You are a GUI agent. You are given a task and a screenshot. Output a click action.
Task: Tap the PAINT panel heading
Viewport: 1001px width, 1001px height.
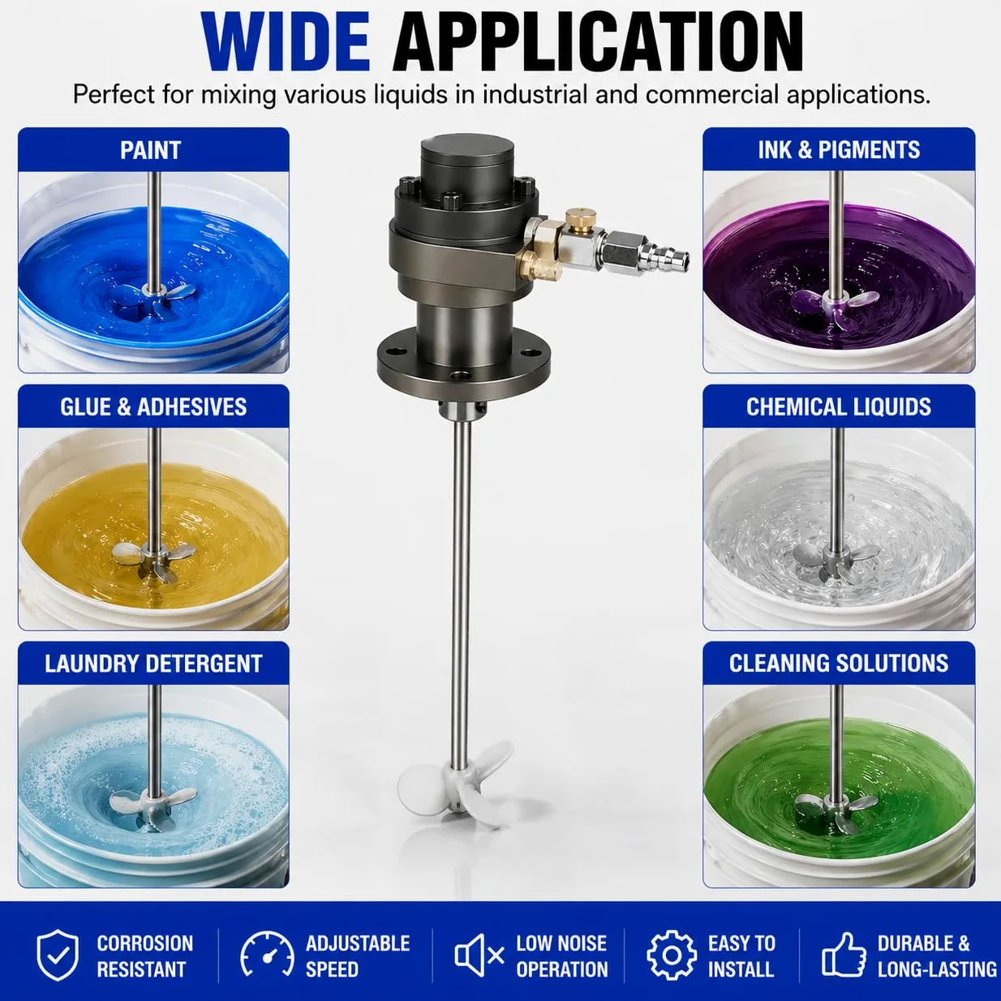click(151, 151)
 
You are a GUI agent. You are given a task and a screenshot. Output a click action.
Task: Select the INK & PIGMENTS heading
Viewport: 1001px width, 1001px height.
click(839, 150)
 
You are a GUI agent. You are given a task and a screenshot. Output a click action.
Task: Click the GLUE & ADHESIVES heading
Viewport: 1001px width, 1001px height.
click(153, 407)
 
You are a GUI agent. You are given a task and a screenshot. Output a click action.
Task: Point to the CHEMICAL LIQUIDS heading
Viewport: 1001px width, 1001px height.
click(839, 407)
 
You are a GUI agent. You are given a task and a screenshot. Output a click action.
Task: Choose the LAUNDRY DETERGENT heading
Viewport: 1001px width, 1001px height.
click(153, 664)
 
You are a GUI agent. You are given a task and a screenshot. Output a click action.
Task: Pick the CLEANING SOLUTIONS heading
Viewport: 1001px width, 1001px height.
click(839, 664)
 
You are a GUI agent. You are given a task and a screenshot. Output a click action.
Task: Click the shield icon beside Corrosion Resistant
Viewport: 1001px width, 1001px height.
click(58, 956)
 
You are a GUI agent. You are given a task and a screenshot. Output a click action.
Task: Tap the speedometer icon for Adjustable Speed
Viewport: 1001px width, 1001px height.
click(267, 957)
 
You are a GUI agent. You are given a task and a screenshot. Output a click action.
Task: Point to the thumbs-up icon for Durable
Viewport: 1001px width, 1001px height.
click(844, 957)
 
